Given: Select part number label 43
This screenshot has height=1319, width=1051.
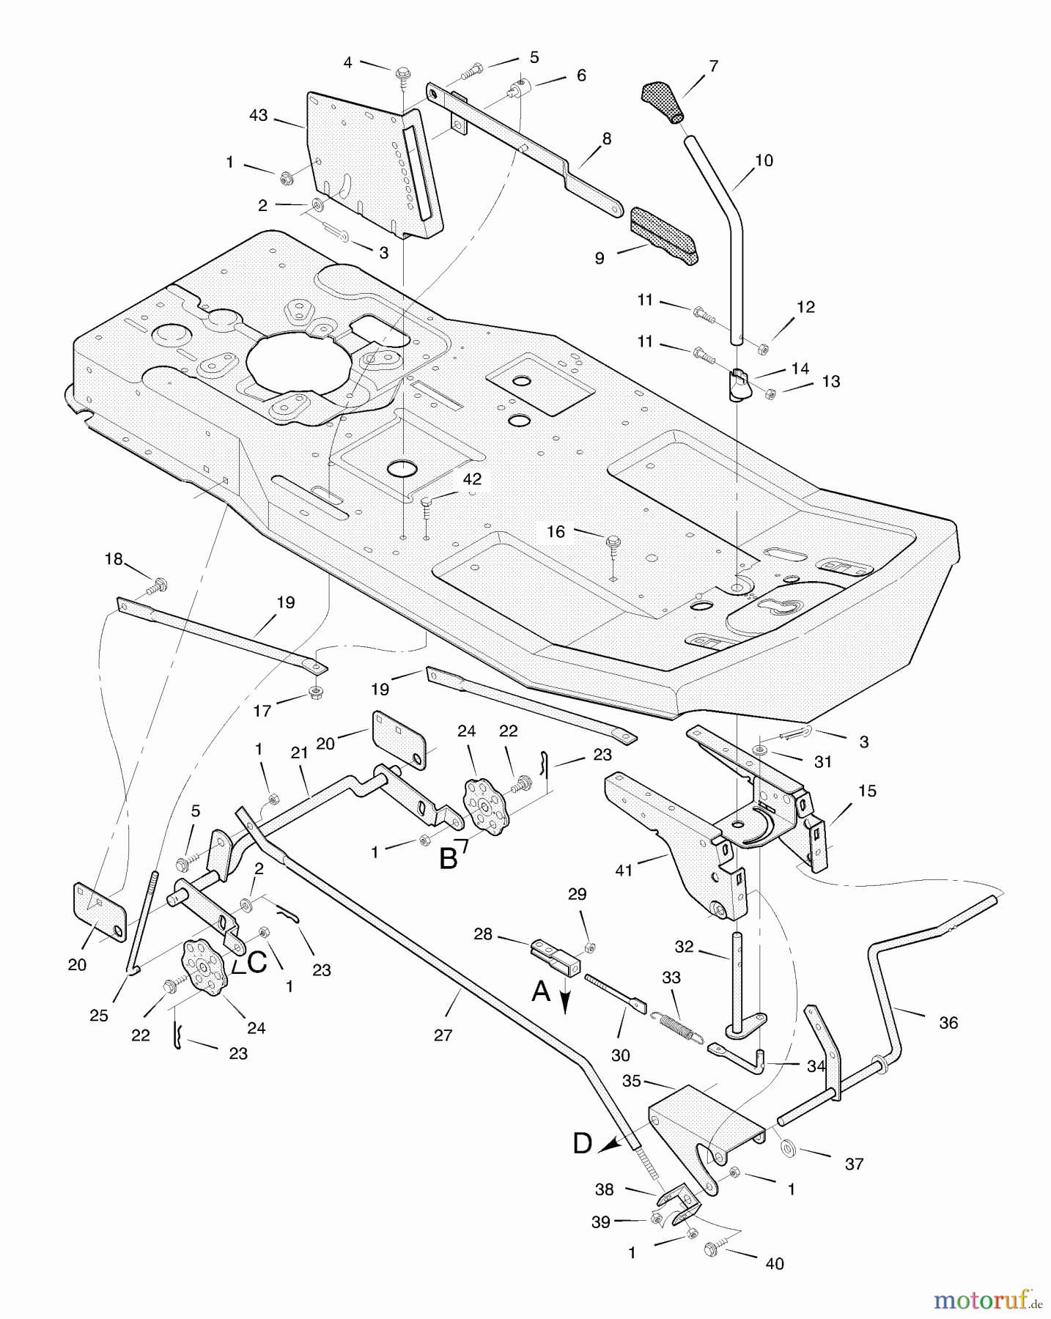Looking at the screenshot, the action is point(258,116).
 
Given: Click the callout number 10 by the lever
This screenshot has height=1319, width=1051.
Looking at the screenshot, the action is point(764,160).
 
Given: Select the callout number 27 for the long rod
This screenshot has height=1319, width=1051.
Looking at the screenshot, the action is point(443,1035).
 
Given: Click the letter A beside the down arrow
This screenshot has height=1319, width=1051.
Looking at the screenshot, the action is point(541,991).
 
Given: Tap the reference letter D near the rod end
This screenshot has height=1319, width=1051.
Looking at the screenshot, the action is point(582,1143).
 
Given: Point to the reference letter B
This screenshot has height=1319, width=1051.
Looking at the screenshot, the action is point(448,858).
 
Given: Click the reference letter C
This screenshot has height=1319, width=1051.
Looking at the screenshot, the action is point(257,963).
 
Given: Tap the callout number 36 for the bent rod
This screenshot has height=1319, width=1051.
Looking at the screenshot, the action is point(948,1022).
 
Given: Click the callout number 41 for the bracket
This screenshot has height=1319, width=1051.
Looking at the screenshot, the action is point(624,871).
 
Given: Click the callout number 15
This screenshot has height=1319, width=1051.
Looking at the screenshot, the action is point(867,791).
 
